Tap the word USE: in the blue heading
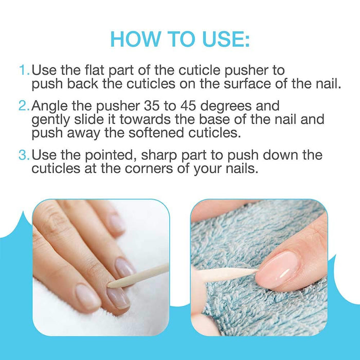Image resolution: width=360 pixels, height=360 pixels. [x=226, y=39]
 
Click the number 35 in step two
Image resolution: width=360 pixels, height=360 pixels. [x=152, y=106]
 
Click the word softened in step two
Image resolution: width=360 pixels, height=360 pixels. [x=156, y=133]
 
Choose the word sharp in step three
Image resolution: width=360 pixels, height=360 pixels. [x=159, y=156]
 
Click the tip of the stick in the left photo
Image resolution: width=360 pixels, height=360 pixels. [x=109, y=286]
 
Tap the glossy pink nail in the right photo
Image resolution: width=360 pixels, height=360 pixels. [x=277, y=271]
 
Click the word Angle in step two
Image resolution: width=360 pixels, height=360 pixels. [x=50, y=107]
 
